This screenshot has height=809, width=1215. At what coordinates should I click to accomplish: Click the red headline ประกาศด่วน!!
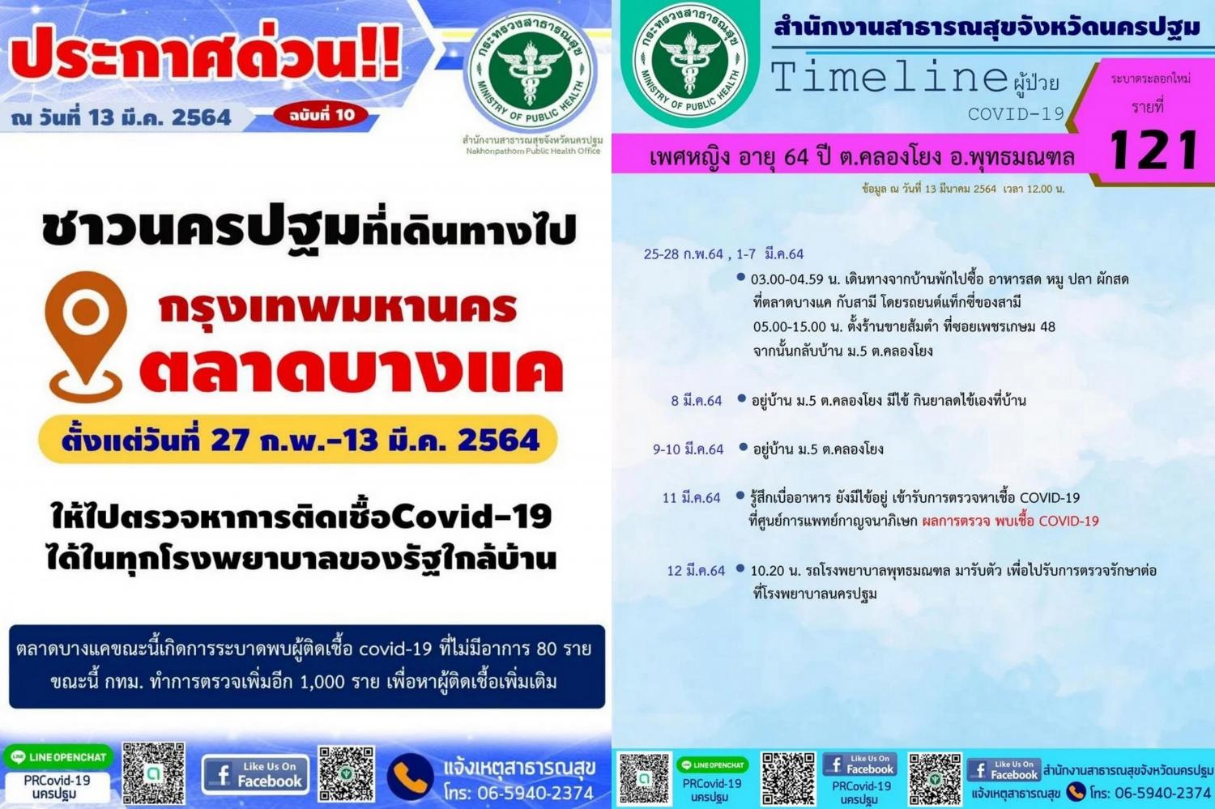click(x=204, y=53)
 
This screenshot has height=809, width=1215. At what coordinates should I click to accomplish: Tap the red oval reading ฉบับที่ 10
click(x=321, y=115)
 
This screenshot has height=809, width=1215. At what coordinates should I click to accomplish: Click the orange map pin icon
click(x=86, y=337)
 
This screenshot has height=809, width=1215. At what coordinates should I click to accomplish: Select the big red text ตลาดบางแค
click(x=352, y=371)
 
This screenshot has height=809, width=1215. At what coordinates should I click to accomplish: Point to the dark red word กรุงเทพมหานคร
click(x=338, y=308)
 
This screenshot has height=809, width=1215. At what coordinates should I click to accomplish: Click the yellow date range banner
click(x=298, y=439)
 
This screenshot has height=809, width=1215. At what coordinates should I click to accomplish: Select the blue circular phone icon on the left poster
click(x=410, y=777)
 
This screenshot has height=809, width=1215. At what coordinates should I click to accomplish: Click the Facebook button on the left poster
click(x=255, y=775)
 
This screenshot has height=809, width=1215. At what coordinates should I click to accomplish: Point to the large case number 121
click(x=1153, y=149)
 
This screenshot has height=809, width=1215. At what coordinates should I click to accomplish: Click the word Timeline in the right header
click(x=889, y=77)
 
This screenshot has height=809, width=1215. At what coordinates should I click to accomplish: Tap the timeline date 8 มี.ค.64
click(x=696, y=401)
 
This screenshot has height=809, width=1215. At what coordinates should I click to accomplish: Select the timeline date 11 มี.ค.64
click(x=691, y=498)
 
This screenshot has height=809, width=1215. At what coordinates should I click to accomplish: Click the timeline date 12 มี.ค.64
click(x=696, y=570)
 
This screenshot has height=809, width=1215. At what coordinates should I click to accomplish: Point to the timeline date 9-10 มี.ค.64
click(x=688, y=449)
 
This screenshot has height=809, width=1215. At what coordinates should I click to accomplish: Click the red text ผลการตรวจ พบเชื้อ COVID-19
click(x=1011, y=521)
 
